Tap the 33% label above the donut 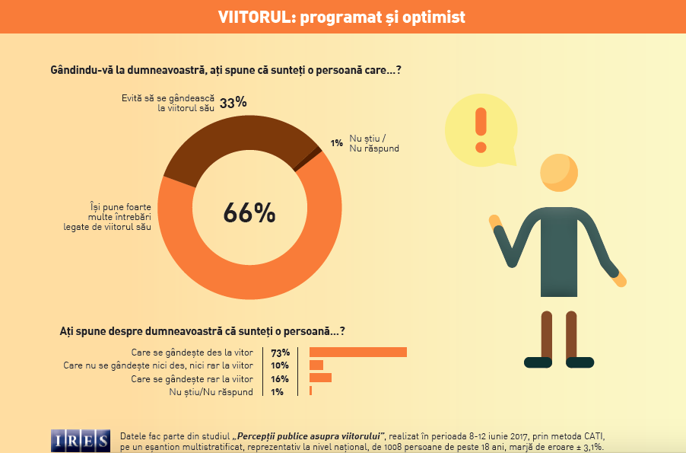[233, 104]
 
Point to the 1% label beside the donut [335, 142]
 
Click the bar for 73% [357, 352]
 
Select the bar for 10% [316, 365]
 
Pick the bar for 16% [320, 378]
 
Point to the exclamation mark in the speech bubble [480, 130]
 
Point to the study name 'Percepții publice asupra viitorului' [309, 435]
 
